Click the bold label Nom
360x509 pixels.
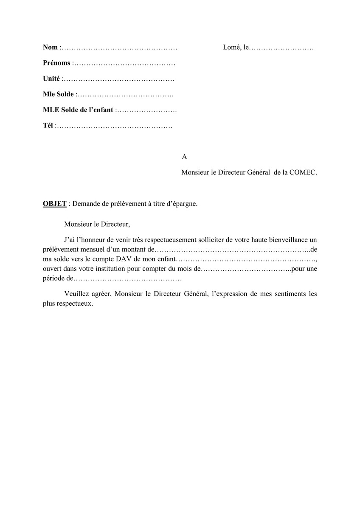(x=51, y=47)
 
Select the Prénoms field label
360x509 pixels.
(x=56, y=63)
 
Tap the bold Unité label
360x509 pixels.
(x=51, y=79)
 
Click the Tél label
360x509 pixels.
(x=48, y=126)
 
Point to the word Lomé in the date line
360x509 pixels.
(x=232, y=47)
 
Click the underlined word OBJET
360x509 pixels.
(x=55, y=203)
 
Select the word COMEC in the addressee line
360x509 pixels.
(x=303, y=172)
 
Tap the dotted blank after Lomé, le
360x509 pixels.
(x=281, y=48)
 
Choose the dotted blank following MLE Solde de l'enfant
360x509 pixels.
(x=146, y=110)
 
